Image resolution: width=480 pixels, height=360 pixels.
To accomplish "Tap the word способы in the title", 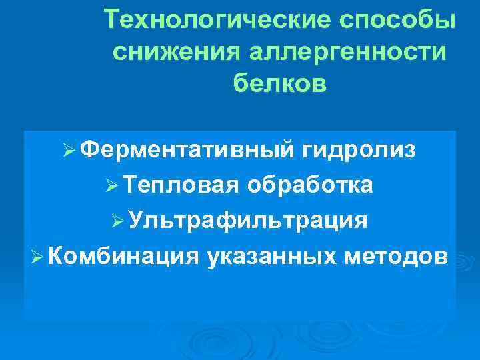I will [x=397, y=22].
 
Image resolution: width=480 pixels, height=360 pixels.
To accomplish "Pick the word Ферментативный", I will [x=189, y=151].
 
